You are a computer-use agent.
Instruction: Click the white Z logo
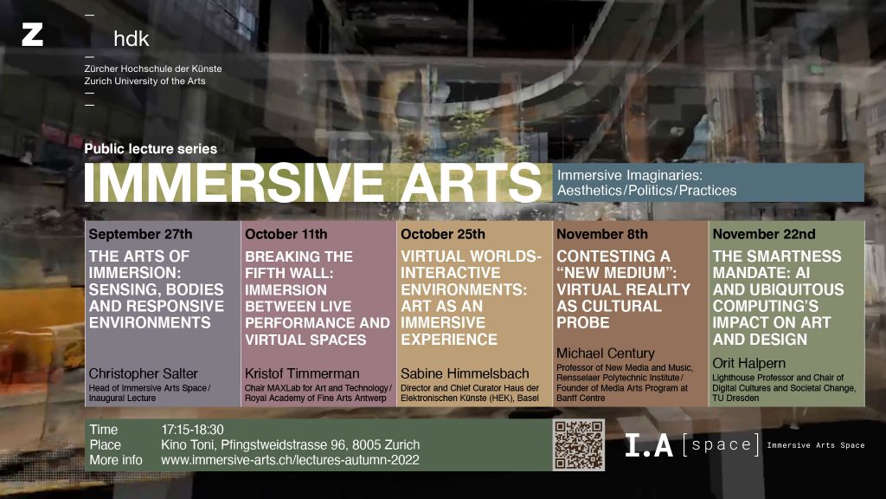click(x=32, y=35)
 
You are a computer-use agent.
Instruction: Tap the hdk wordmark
click(x=132, y=38)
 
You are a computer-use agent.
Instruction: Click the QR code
click(x=579, y=444)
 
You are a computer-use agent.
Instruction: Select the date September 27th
click(x=140, y=234)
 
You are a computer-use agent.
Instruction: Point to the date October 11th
click(x=286, y=234)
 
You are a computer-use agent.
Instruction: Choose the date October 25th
click(x=443, y=234)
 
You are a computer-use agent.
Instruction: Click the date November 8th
click(x=602, y=234)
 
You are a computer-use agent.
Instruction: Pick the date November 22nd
click(x=764, y=234)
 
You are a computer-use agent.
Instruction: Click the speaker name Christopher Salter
click(x=143, y=373)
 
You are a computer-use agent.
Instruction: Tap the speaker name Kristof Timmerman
click(x=302, y=373)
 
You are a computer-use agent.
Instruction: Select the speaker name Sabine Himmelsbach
click(x=465, y=373)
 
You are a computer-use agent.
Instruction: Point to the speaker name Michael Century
click(x=605, y=353)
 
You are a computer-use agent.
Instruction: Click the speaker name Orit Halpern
click(x=748, y=363)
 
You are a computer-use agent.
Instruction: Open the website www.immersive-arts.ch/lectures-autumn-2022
click(x=290, y=460)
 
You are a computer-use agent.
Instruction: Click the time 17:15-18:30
click(x=192, y=430)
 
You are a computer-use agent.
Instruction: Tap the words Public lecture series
click(x=151, y=149)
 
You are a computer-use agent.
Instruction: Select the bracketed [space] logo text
click(x=721, y=444)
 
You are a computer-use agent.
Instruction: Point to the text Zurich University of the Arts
click(x=144, y=81)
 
